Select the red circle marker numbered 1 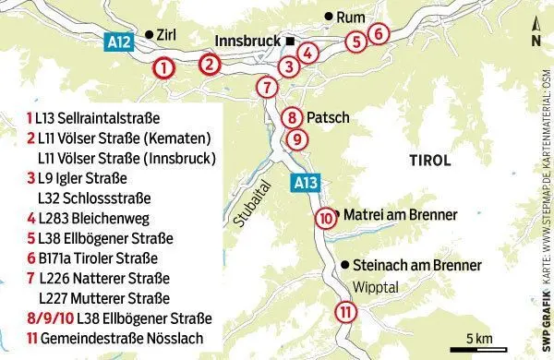point(163,67)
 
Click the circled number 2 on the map point(211,64)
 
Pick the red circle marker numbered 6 point(377,33)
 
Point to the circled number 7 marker point(266,89)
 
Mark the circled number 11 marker point(344,311)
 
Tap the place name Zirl point(166,34)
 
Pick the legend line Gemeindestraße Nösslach point(112,337)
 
